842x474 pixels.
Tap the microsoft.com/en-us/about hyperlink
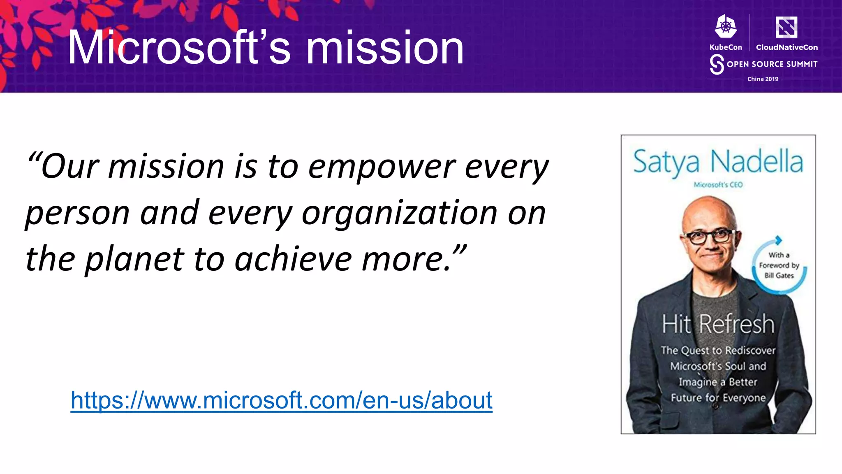pos(281,400)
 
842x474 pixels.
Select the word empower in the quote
pos(382,167)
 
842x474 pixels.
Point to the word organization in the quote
pos(399,213)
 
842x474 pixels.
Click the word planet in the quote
pos(134,259)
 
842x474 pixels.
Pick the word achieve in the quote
pos(294,259)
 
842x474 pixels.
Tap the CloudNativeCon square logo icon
pos(786,27)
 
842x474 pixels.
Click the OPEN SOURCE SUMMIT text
pos(772,64)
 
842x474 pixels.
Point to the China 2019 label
pos(763,79)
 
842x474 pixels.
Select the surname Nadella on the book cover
pos(756,161)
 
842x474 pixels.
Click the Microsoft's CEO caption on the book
pos(718,185)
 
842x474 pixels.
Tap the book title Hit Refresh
pos(718,324)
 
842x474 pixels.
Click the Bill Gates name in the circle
pos(779,276)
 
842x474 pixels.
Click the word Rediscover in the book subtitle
pos(750,351)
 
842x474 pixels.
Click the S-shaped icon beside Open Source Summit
pos(717,65)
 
